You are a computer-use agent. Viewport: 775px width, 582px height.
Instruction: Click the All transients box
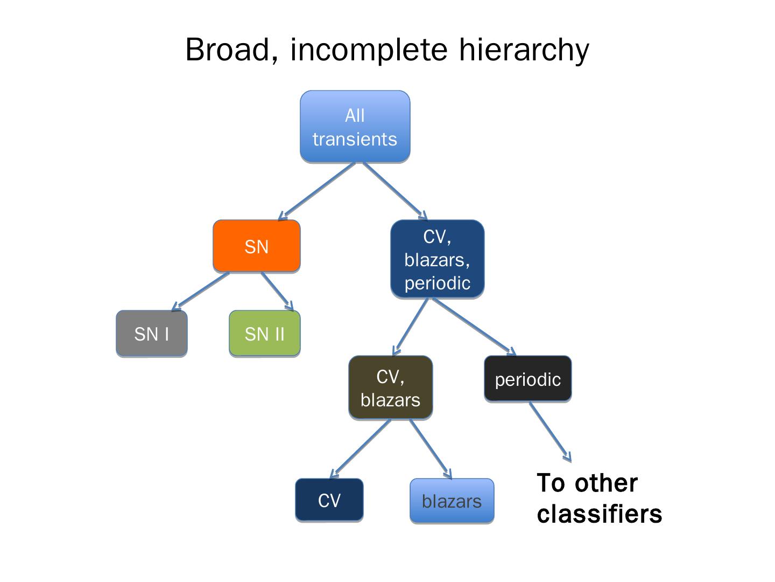coord(355,127)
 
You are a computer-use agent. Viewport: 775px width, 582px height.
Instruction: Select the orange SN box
coord(256,246)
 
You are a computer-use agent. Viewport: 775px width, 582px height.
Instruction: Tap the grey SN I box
coord(151,334)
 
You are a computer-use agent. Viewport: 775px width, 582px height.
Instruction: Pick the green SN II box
coord(264,334)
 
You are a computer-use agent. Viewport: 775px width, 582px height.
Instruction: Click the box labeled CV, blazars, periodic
coord(437,259)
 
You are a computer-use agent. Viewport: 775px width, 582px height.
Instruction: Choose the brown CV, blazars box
coord(390,388)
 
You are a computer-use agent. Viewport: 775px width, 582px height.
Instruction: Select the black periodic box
coord(527,379)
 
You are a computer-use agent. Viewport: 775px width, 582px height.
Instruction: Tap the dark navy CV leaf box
coord(329,500)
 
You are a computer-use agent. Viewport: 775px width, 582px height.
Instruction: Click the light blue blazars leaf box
coord(452,501)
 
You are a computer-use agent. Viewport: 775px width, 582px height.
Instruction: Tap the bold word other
coord(605,483)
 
